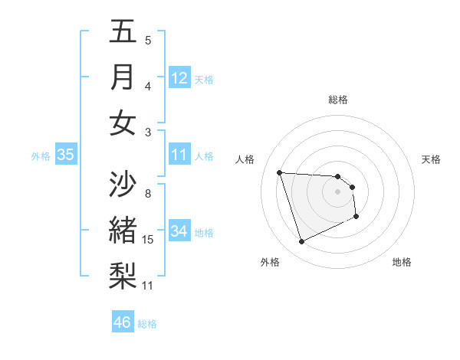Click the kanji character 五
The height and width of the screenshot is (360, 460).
point(123,31)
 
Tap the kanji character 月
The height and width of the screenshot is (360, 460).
point(123,77)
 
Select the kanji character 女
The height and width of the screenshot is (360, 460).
point(123,123)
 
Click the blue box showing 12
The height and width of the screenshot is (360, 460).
point(179,78)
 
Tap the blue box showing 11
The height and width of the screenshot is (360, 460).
point(179,155)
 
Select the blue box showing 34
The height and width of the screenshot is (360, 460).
point(179,231)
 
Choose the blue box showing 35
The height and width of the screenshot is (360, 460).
point(66,155)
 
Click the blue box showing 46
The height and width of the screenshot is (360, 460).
point(123,322)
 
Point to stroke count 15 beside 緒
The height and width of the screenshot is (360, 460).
point(148,240)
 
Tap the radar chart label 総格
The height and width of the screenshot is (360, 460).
point(338,100)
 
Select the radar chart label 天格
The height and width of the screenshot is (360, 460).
point(431,159)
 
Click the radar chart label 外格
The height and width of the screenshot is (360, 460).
point(269,262)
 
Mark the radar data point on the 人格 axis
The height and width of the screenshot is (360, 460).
point(280,172)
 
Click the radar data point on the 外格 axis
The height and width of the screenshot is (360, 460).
point(302,242)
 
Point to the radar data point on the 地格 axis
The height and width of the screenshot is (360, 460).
point(357,218)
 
